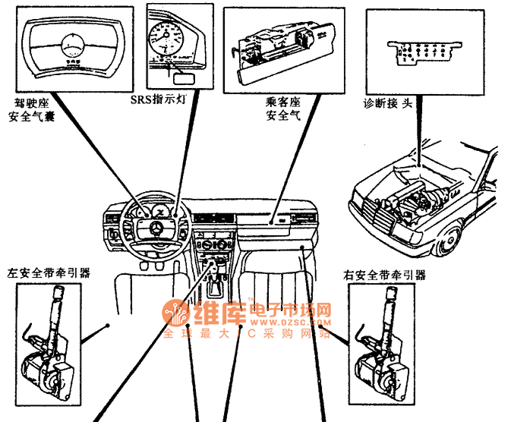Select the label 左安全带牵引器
tap(49, 271)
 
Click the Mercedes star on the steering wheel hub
tap(155, 230)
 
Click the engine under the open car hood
tap(414, 202)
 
